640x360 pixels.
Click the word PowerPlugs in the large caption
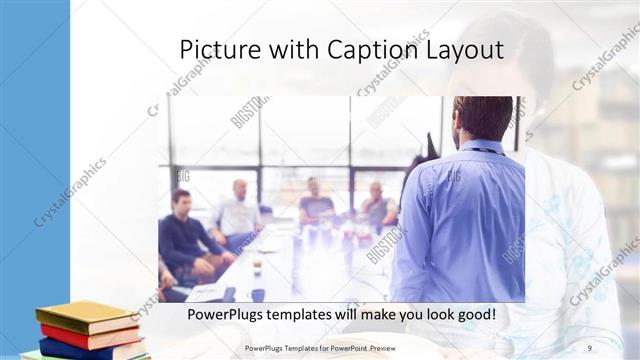coord(232,315)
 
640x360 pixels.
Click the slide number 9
coord(588,347)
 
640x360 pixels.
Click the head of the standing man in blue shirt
coord(482,119)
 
